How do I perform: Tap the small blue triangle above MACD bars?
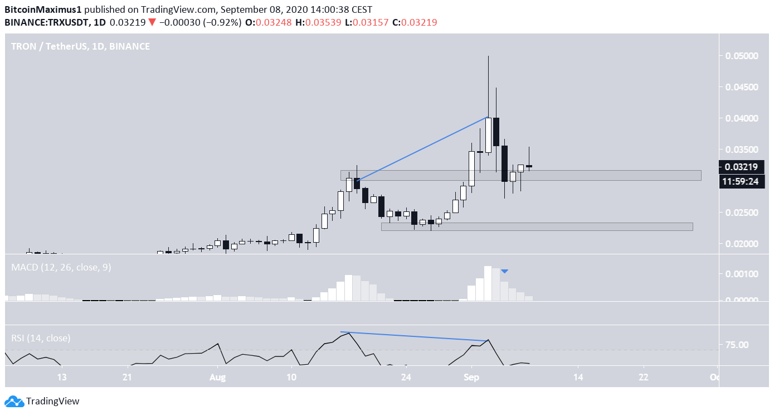click(504, 271)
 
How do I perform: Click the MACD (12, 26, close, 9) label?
click(61, 267)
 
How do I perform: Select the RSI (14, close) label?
click(41, 338)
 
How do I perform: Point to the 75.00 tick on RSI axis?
click(737, 345)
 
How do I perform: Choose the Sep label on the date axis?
click(471, 378)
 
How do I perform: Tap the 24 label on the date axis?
click(406, 378)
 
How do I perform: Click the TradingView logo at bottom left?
click(42, 401)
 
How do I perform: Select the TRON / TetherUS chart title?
click(80, 46)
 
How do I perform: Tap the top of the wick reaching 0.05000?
click(488, 56)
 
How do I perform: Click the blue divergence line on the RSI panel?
click(415, 336)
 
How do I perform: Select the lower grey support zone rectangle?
click(537, 226)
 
